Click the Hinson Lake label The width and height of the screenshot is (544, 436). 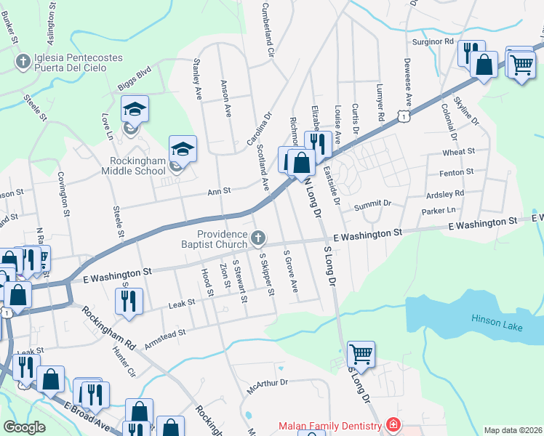coord(497,318)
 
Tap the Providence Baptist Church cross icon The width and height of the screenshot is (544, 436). coord(257,238)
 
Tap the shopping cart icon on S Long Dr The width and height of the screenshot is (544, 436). coord(361,355)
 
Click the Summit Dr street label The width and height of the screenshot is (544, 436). coord(372,207)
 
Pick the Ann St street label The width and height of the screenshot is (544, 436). coord(219,191)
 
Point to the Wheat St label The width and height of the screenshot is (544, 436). coord(458,152)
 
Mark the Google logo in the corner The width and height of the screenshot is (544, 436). coord(24,427)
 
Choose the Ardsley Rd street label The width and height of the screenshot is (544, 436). coord(444,194)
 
